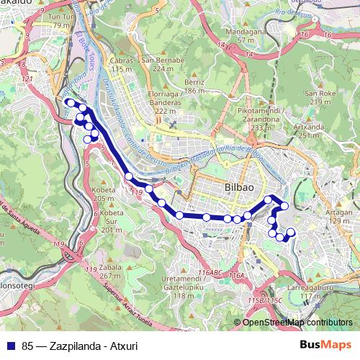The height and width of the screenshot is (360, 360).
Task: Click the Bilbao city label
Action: [x=239, y=186]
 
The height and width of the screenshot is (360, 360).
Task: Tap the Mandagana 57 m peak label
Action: [x=240, y=36]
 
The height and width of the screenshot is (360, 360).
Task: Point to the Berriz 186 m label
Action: [x=194, y=87]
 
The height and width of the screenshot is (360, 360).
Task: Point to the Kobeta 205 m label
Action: [x=104, y=194]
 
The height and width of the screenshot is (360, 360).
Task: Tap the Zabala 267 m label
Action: [x=109, y=271]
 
